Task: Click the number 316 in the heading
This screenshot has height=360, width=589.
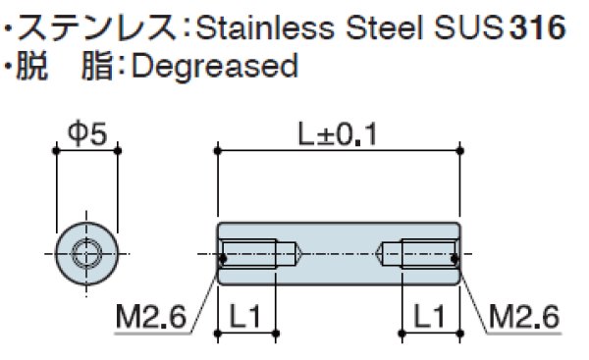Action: (x=538, y=27)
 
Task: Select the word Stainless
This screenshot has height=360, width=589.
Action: (x=265, y=28)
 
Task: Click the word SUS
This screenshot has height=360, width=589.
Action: (x=468, y=28)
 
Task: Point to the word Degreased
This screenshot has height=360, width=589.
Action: (x=215, y=67)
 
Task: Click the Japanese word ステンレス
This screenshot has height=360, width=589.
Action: (x=97, y=27)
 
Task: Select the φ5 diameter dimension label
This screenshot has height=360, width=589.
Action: (x=87, y=133)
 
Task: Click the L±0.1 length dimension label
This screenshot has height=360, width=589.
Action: (x=338, y=134)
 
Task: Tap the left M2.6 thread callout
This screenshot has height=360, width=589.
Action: (x=151, y=317)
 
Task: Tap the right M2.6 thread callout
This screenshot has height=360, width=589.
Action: (x=524, y=317)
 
